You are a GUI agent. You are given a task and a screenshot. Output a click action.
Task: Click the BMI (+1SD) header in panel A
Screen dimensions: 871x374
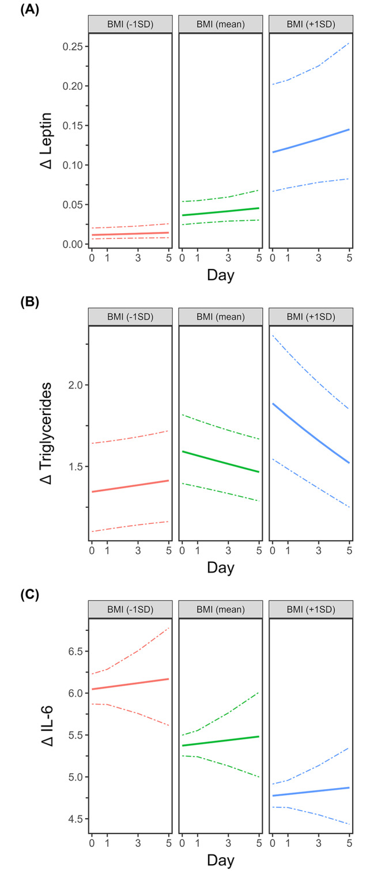tap(310, 24)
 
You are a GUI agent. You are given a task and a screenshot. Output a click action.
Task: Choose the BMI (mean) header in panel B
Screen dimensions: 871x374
tap(220, 317)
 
